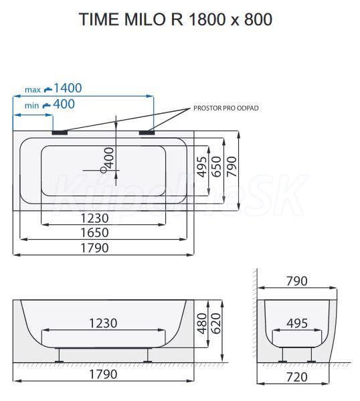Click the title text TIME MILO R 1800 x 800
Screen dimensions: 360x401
pyautogui.click(x=175, y=19)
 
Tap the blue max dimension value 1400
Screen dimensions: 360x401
pyautogui.click(x=68, y=88)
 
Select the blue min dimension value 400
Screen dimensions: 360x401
pyautogui.click(x=64, y=104)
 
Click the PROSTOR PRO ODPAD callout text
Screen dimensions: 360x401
pyautogui.click(x=226, y=108)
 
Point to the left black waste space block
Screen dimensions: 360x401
pyautogui.click(x=60, y=133)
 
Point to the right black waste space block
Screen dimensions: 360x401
pyautogui.click(x=147, y=133)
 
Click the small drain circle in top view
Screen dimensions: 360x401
pyautogui.click(x=103, y=170)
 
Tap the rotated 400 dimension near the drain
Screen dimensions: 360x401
pyautogui.click(x=109, y=158)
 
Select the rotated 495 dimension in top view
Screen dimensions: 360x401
pyautogui.click(x=203, y=167)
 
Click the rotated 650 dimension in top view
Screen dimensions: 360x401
pyautogui.click(x=217, y=167)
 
